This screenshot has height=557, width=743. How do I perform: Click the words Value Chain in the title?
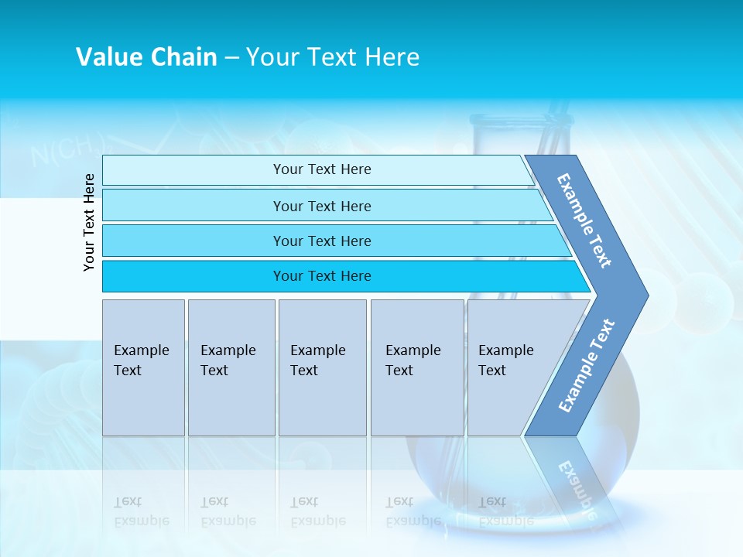click(146, 57)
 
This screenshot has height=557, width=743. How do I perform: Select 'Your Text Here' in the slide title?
click(333, 57)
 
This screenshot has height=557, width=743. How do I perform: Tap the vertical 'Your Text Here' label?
click(89, 222)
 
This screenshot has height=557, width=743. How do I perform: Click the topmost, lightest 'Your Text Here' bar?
click(321, 169)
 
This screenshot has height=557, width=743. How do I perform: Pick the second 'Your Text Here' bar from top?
click(321, 206)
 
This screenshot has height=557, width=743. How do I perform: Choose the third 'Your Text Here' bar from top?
click(321, 241)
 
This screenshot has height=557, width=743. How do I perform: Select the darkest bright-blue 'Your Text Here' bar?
click(321, 276)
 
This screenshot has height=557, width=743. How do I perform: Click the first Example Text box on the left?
click(143, 367)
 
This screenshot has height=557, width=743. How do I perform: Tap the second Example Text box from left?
click(231, 367)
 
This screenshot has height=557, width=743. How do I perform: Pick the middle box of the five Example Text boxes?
click(322, 367)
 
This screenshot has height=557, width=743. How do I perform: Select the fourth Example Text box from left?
click(417, 367)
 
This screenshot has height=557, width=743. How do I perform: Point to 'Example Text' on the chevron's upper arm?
click(584, 220)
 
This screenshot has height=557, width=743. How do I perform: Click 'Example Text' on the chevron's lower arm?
click(587, 366)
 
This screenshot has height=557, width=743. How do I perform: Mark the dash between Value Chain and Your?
click(231, 58)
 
